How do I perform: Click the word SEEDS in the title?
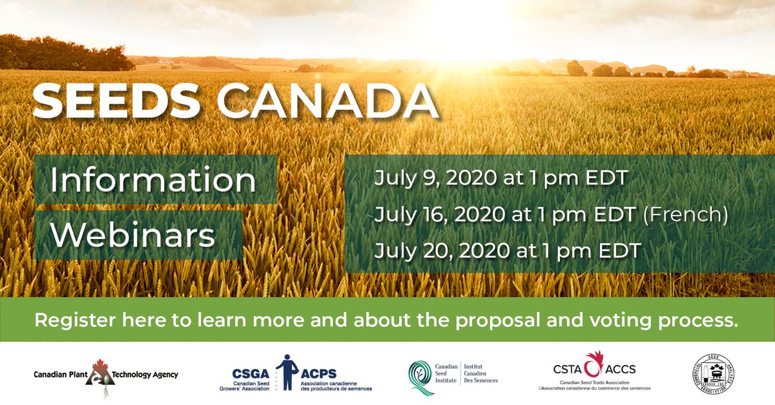(117, 101)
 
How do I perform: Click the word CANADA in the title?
(327, 101)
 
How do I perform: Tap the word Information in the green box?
(154, 181)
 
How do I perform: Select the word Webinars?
(132, 235)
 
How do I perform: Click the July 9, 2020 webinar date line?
(501, 178)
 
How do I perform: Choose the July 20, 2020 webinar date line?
(507, 250)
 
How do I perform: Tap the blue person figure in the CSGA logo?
(286, 371)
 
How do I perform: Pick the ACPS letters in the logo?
(318, 370)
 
